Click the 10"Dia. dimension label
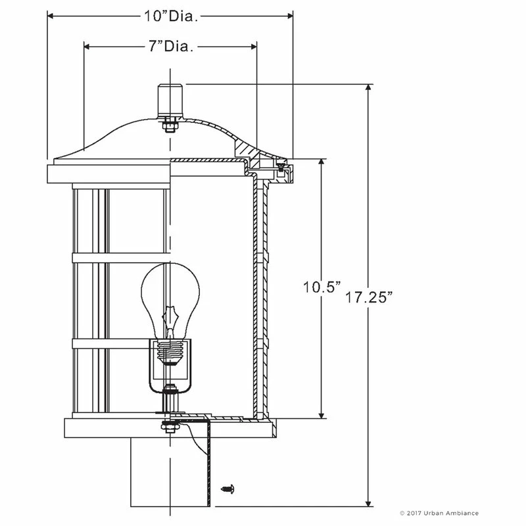click(x=170, y=16)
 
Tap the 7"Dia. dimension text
click(x=170, y=47)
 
